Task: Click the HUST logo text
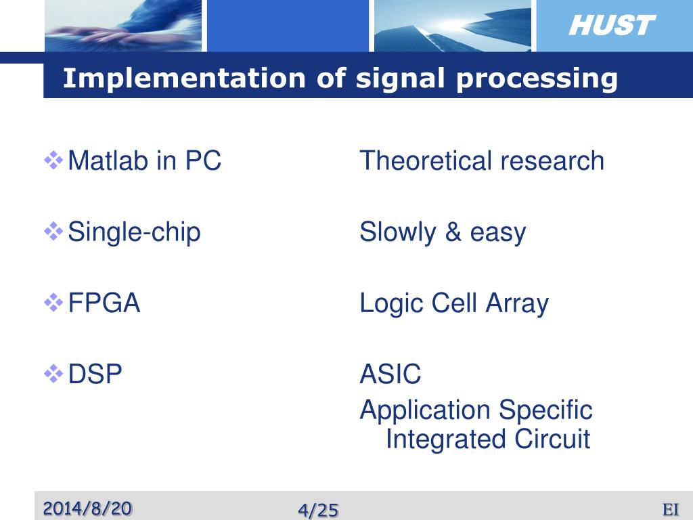pos(611,26)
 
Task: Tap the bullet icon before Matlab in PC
pos(53,160)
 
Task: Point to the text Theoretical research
pos(481,161)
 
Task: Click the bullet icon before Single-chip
pos(53,232)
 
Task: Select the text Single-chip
pos(134,233)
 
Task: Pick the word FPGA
pos(104,303)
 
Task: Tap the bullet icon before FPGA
pos(53,303)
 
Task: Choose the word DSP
pos(95,374)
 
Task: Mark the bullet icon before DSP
pos(53,373)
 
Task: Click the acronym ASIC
pos(390,374)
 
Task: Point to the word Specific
pos(545,410)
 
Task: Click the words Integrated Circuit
pos(487,439)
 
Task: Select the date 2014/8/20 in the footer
pos(88,508)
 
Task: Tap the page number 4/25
pos(318,510)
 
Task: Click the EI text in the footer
pos(671,509)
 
